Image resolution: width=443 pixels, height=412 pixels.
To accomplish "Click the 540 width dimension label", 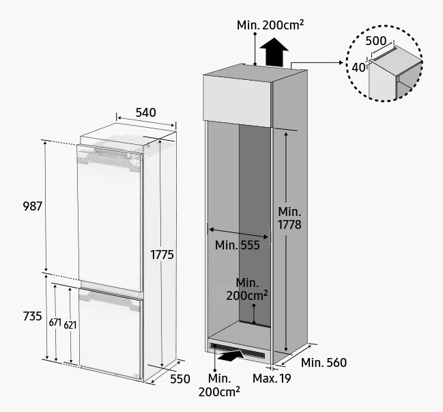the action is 145,113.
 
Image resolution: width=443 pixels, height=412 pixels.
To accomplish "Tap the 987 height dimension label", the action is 33,206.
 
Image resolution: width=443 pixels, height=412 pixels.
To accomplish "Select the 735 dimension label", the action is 33,316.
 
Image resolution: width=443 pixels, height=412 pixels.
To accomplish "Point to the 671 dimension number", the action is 55,322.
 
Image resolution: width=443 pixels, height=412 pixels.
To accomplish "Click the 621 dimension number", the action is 70,325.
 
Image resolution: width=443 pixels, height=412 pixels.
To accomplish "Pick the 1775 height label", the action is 162,255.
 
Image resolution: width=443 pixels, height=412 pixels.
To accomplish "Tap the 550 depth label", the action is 180,379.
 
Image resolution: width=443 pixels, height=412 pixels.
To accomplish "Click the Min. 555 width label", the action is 237,245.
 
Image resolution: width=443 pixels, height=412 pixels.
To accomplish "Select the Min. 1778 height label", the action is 289,218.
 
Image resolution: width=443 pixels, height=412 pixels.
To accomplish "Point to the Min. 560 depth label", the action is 324,363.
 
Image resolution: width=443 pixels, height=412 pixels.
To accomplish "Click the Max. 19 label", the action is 272,379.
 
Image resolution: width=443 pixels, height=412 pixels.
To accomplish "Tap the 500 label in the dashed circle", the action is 375,41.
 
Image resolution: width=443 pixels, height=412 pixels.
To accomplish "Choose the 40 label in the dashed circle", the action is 358,68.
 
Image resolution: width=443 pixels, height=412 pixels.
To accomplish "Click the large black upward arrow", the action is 274,53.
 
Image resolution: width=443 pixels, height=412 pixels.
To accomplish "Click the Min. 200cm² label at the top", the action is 270,25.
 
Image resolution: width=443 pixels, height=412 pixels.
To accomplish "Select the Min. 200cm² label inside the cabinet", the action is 247,289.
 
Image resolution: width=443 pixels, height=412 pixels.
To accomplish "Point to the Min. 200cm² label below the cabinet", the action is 219,385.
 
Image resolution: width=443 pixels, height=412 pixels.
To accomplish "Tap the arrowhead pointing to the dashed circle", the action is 341,62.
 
